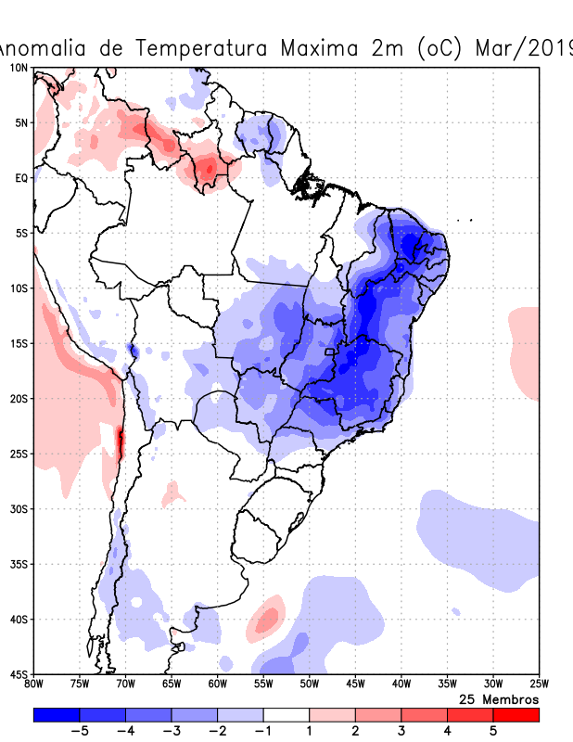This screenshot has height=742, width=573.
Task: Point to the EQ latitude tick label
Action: [20, 178]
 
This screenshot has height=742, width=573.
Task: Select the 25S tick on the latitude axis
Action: [19, 454]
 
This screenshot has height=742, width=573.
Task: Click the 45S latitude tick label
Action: [19, 673]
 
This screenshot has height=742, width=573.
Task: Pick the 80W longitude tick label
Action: [33, 684]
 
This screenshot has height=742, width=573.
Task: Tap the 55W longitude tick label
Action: [263, 684]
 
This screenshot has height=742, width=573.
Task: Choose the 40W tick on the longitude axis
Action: [401, 684]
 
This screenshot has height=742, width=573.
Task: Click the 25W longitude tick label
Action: [538, 684]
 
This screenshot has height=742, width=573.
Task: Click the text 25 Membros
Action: [499, 698]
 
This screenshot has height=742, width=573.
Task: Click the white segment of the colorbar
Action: [286, 714]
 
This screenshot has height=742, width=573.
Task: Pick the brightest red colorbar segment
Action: [516, 714]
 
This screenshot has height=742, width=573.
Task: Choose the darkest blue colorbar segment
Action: [57, 714]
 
